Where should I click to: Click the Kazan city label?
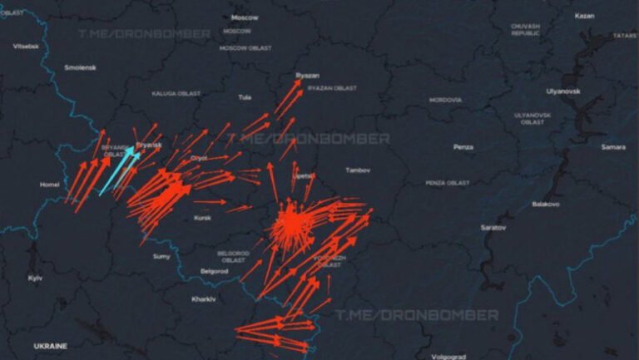click(584, 16)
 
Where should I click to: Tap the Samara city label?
click(613, 146)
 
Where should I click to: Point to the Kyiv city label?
click(35, 278)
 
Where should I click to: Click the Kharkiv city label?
click(204, 298)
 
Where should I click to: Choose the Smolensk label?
click(81, 67)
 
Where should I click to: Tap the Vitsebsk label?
click(26, 46)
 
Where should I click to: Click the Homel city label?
click(50, 185)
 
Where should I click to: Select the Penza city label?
click(463, 147)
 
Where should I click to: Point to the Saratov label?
click(493, 227)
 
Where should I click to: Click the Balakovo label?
click(546, 204)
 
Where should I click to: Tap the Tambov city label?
click(357, 170)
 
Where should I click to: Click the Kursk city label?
click(203, 218)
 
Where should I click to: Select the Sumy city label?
click(161, 256)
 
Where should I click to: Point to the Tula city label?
click(245, 97)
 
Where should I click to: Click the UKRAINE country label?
click(50, 345)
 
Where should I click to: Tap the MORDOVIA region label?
click(445, 100)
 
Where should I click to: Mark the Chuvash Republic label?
click(526, 30)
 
